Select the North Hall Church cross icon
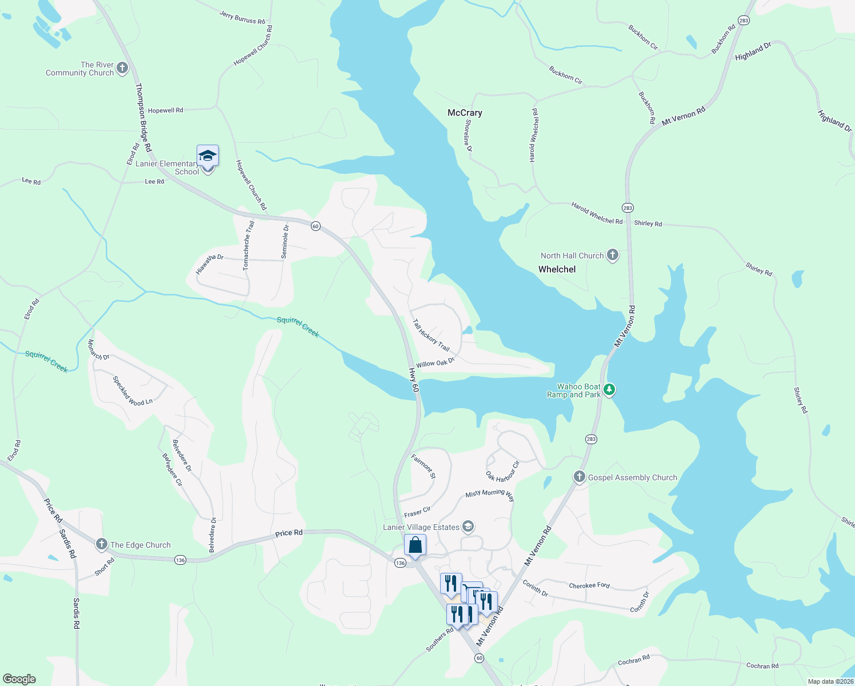point(612,255)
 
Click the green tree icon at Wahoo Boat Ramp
point(609,390)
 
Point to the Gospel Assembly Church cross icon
point(580,477)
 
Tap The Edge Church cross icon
point(102,544)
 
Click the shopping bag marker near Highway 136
point(415,545)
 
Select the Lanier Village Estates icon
point(468,527)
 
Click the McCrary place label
point(465,113)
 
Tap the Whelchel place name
point(557,269)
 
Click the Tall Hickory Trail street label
point(431,335)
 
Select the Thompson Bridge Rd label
point(143,118)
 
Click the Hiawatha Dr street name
point(210,264)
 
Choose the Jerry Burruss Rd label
point(242,17)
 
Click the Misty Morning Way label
point(490,494)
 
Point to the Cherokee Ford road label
point(589,585)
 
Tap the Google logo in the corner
point(19,679)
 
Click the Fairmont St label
point(423,466)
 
